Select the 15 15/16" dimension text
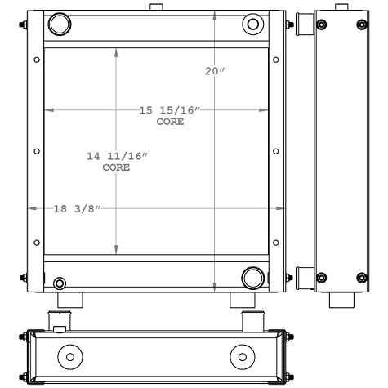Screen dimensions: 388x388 170,110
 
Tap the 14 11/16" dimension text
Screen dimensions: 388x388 117,156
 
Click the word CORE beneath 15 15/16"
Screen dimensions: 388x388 170,122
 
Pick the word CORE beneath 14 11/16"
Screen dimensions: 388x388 117,167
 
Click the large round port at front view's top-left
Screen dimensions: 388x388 60,25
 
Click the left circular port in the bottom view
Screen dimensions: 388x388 70,357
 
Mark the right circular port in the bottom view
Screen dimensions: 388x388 243,357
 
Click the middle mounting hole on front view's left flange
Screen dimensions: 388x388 37,150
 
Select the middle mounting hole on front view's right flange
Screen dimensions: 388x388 275,150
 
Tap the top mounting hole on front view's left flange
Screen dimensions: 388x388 37,60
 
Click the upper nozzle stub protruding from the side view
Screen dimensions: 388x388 303,27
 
